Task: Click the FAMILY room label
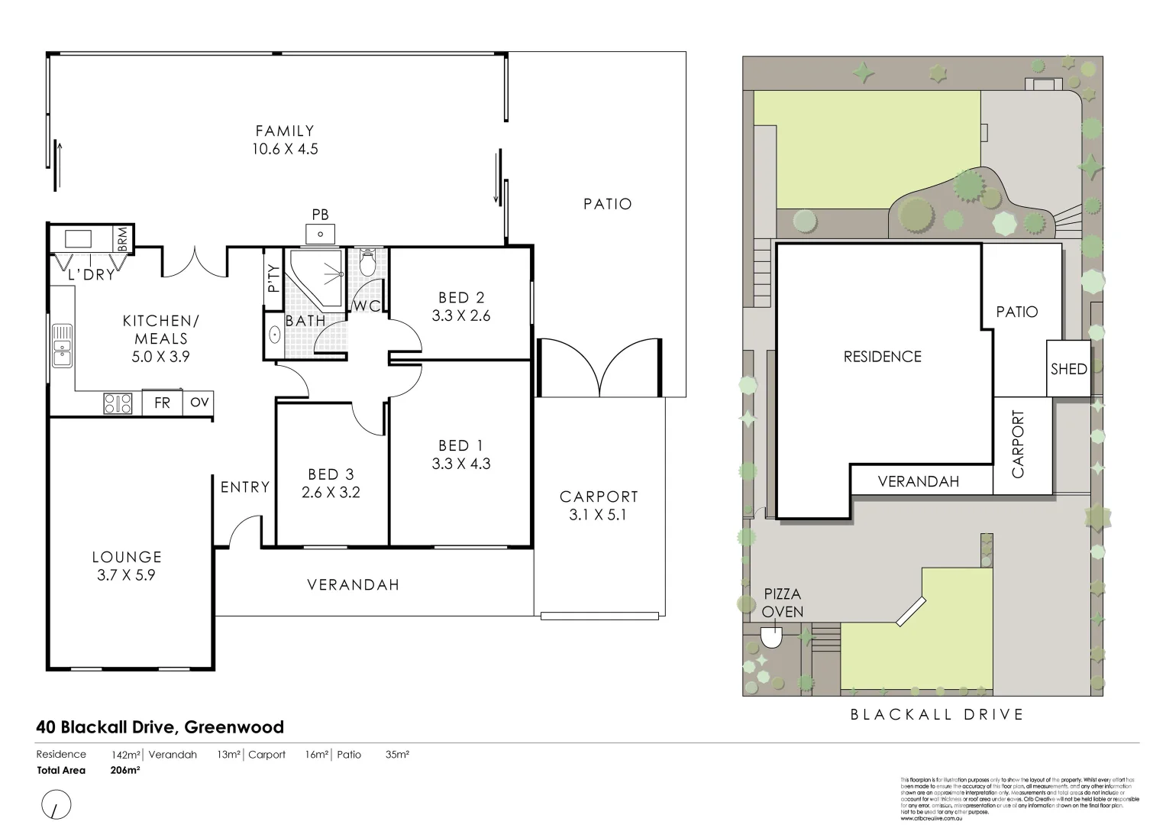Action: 285,131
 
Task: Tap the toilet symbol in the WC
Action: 368,264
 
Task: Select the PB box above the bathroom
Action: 321,233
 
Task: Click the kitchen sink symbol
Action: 62,345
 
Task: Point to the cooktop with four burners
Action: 118,403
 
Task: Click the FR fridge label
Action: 162,403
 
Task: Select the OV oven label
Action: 199,402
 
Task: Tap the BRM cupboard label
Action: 123,238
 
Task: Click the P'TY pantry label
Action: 273,279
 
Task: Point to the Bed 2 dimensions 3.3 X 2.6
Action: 461,315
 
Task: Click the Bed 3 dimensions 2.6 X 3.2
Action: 331,493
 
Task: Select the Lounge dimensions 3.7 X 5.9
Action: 127,575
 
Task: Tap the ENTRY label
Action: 245,487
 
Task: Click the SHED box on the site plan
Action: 1068,369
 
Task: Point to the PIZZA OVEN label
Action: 783,603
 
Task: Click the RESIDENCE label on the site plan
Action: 882,357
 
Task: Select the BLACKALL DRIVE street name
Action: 937,715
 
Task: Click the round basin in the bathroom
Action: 275,335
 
